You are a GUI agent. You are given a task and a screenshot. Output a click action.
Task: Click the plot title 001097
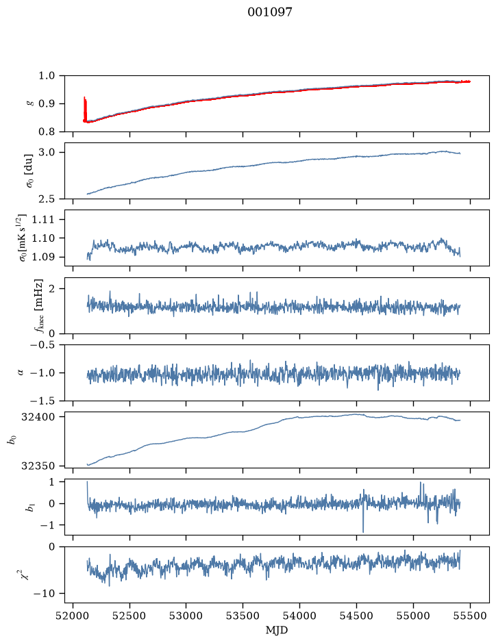pos(269,12)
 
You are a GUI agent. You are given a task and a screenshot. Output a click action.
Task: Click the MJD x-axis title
pos(277,630)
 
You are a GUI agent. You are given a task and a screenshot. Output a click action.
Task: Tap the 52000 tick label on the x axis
pos(73,616)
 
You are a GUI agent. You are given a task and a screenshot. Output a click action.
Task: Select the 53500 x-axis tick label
pos(243,616)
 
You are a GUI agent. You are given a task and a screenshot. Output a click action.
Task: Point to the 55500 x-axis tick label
pos(470,616)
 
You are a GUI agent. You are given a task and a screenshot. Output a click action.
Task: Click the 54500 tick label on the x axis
pos(356,616)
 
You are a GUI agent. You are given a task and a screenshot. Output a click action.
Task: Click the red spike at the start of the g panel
pos(85,109)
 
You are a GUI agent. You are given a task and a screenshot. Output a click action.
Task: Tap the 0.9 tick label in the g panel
pos(47,104)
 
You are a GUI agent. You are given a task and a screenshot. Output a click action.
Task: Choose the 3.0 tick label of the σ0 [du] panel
pos(47,153)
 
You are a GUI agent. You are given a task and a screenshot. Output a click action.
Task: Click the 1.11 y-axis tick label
pos(42,220)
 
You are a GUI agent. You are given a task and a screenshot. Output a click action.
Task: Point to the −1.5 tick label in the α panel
pos(42,401)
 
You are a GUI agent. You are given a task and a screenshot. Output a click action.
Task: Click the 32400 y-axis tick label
pos(38,417)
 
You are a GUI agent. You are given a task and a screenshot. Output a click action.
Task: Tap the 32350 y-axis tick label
pos(38,466)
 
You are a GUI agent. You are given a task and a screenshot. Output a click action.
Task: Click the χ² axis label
pos(25,575)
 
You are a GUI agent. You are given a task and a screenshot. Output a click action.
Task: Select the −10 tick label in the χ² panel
pos(45,594)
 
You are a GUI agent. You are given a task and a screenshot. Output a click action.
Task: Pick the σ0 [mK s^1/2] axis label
pos(23,238)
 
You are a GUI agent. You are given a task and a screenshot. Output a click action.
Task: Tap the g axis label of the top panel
pos(29,104)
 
